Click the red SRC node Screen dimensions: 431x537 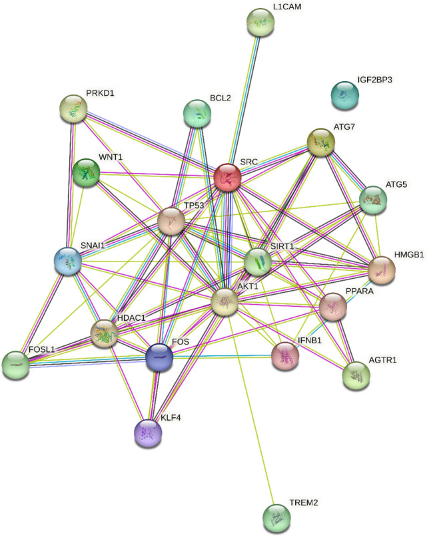[x=228, y=179]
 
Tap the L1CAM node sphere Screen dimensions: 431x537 [x=260, y=23]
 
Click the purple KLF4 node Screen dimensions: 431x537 [x=148, y=433]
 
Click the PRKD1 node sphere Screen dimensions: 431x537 [x=74, y=108]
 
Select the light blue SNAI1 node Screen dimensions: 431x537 [x=68, y=260]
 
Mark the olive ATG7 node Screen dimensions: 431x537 [x=321, y=142]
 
